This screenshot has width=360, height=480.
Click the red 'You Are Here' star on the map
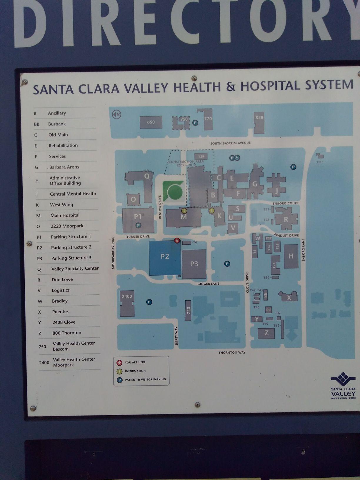(177, 241)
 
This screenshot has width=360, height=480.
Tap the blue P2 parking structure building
(165, 258)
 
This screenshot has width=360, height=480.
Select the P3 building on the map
(194, 264)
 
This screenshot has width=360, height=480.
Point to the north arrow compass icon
(117, 114)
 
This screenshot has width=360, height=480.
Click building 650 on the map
(151, 122)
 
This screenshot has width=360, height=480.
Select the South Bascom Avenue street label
(230, 143)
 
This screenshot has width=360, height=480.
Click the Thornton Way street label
(232, 352)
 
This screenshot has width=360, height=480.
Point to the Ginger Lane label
(208, 284)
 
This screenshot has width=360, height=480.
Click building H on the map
(291, 256)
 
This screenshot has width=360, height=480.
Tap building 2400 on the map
(127, 303)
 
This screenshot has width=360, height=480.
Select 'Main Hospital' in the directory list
(65, 215)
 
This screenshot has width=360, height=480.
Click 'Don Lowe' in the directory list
(62, 279)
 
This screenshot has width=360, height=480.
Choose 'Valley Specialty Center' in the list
(75, 269)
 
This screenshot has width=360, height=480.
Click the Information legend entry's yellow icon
(120, 371)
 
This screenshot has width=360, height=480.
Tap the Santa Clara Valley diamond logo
(343, 379)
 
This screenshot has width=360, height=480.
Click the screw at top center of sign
(194, 78)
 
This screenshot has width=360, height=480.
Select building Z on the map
(266, 333)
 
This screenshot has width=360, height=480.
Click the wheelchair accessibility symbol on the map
(237, 158)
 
